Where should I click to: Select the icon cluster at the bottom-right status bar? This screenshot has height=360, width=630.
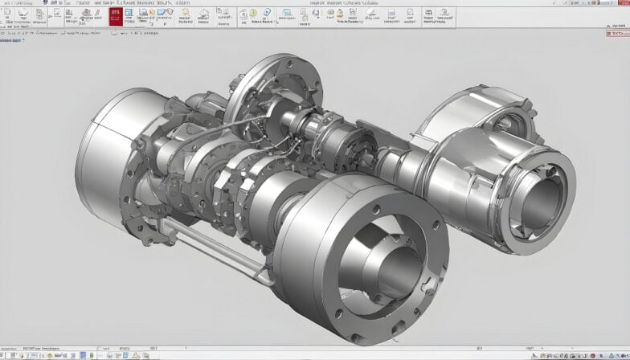pyautogui.click(x=587, y=354)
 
